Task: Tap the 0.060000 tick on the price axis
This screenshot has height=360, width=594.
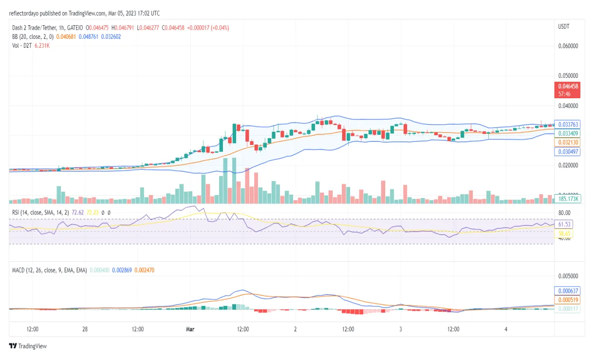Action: click(567, 46)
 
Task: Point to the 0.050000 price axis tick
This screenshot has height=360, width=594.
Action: click(567, 76)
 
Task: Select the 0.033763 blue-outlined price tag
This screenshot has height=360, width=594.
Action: click(567, 125)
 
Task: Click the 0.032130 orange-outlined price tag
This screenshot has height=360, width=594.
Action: click(567, 142)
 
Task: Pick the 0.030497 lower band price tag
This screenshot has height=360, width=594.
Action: click(567, 152)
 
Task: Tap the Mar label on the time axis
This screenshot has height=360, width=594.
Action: click(190, 329)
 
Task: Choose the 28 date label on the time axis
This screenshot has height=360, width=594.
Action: click(85, 329)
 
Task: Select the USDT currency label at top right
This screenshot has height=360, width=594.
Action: click(564, 27)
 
